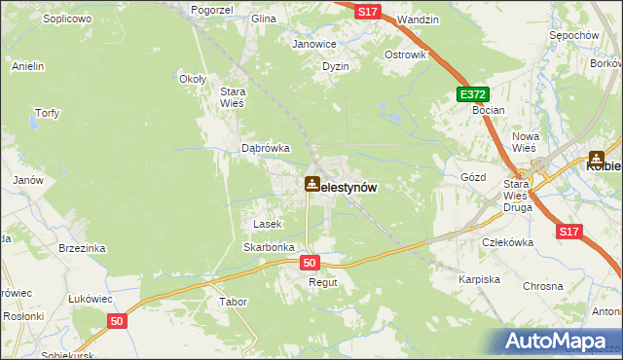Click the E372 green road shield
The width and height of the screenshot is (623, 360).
coord(472,94)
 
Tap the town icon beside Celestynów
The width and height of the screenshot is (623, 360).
coord(311,182)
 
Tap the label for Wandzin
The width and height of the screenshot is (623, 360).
coord(419,18)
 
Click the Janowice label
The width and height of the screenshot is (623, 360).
coord(314,44)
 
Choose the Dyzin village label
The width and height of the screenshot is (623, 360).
coord(336,66)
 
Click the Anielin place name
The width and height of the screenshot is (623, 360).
coord(28,66)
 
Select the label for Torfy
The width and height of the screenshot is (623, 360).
coord(47,113)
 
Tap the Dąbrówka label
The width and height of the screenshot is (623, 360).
coord(266,148)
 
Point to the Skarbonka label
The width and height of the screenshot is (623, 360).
coord(269,247)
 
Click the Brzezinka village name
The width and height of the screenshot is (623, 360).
coord(82,248)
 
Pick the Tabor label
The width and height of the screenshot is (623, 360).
coord(234,302)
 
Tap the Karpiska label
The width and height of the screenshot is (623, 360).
coord(479,279)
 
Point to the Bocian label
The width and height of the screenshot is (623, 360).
coord(488,111)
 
